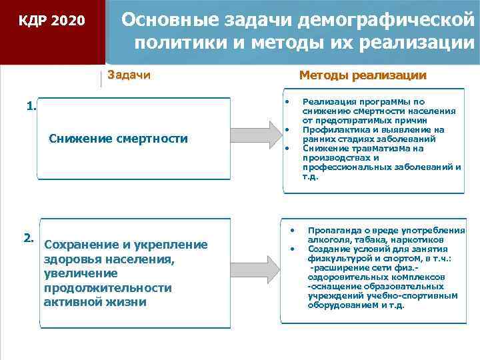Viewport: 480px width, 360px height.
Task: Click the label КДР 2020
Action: tap(52, 21)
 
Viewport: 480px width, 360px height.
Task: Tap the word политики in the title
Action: tap(173, 45)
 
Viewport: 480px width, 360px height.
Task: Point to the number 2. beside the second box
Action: tap(29, 237)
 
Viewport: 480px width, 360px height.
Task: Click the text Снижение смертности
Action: tap(118, 139)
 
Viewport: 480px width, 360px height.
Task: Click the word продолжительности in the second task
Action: tap(107, 288)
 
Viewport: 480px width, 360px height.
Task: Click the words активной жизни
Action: tap(95, 302)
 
